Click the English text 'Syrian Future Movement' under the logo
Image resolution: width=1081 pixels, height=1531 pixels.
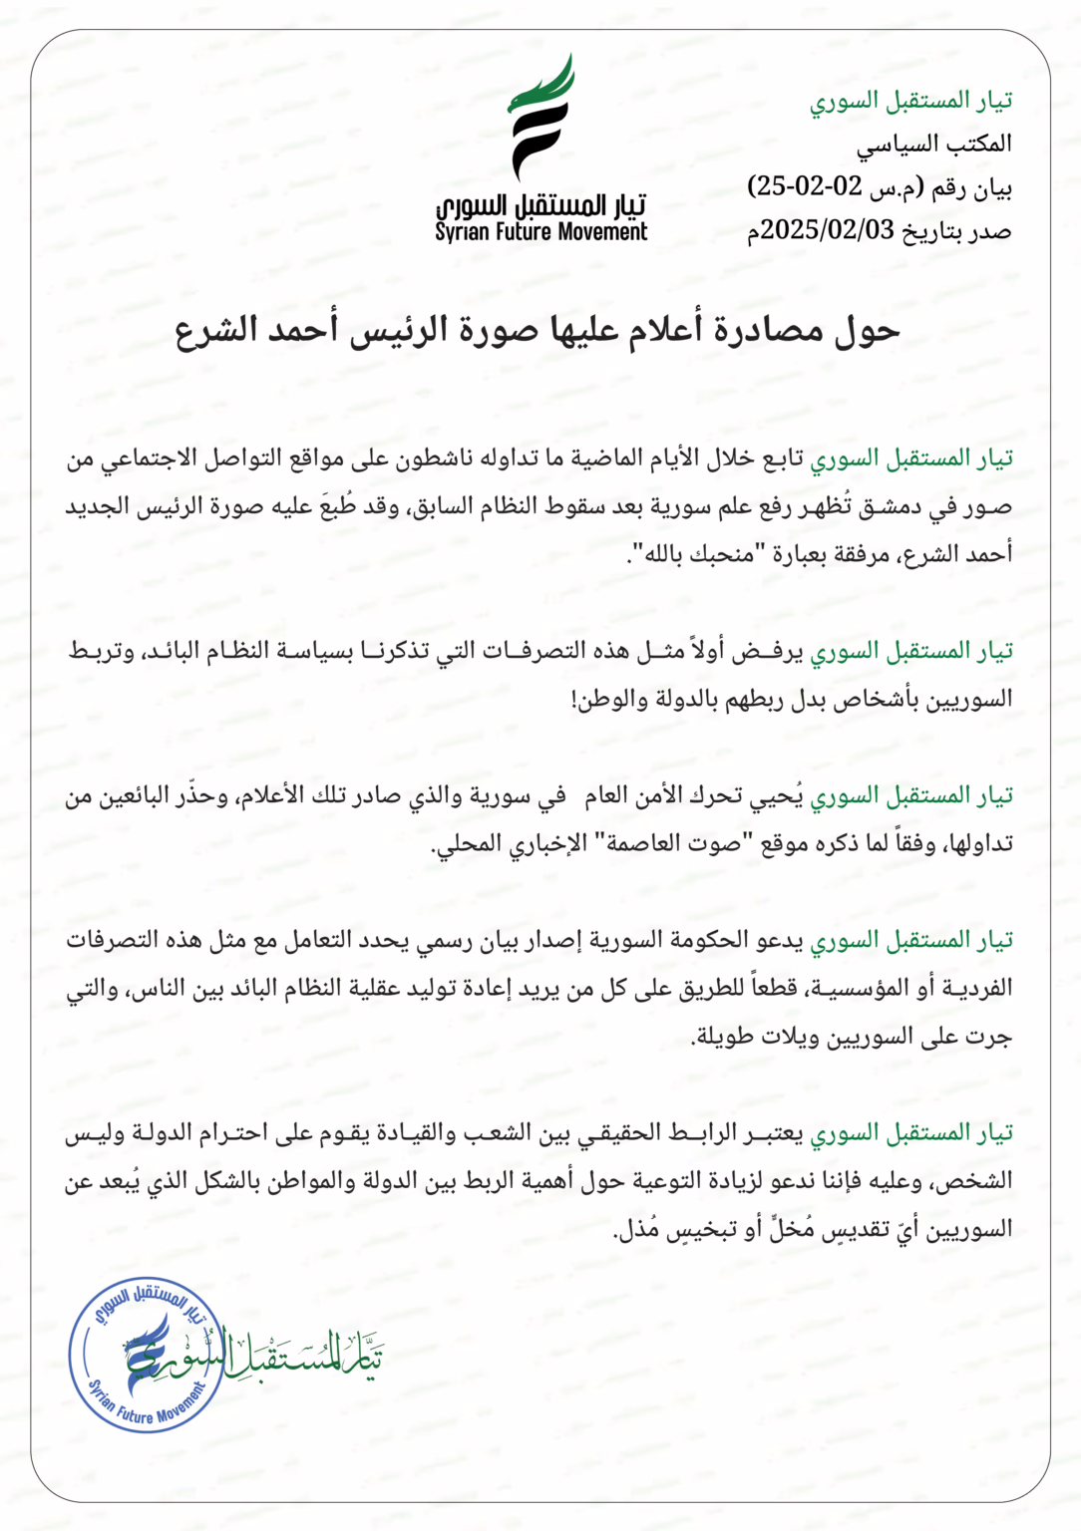click(541, 233)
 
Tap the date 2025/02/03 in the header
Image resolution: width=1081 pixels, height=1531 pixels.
click(827, 230)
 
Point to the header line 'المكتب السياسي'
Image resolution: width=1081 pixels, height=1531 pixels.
click(933, 144)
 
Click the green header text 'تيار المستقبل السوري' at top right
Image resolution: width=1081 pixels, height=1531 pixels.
click(910, 101)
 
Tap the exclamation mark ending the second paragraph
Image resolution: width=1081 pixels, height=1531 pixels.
click(575, 700)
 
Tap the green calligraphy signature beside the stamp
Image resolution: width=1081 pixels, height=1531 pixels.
click(299, 1357)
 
